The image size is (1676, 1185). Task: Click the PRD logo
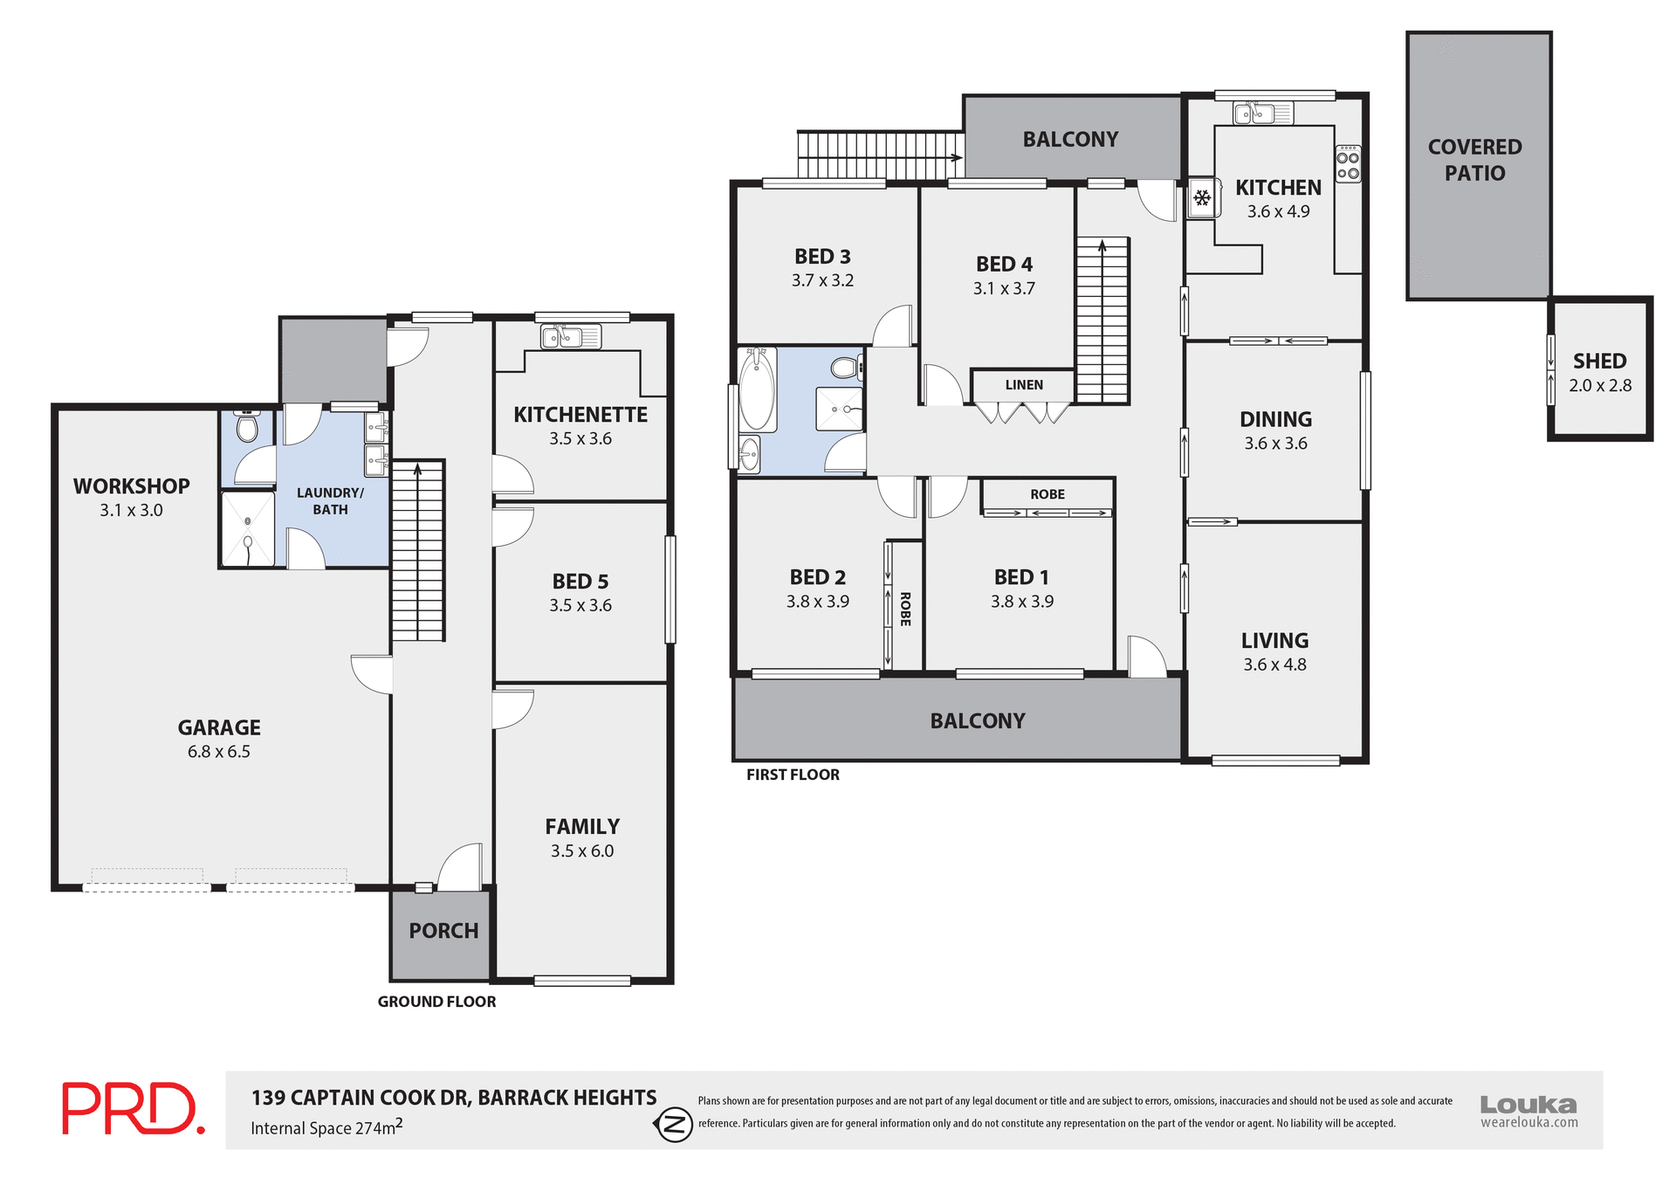[x=133, y=1108]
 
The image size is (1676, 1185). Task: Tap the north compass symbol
[x=674, y=1124]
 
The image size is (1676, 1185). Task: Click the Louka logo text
[x=1528, y=1105]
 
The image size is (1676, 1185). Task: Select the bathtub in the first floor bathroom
[x=757, y=390]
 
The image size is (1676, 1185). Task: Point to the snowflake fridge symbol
[x=1202, y=199]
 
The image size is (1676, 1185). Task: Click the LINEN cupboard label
[x=1023, y=385]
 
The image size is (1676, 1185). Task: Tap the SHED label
[x=1599, y=361]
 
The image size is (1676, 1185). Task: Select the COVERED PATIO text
[x=1474, y=160]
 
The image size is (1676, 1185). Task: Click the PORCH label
[x=443, y=931]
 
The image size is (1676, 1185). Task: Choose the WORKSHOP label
[x=131, y=486]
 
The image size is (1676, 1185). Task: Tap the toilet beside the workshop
[x=247, y=427]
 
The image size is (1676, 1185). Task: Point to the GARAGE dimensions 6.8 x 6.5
[x=218, y=752]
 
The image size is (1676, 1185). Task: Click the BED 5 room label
[x=580, y=582]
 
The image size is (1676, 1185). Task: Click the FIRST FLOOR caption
[x=793, y=775]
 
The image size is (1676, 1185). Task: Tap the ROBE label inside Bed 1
[x=1047, y=494]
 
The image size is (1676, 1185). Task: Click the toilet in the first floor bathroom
[x=845, y=368]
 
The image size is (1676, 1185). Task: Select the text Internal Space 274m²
[x=326, y=1127]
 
